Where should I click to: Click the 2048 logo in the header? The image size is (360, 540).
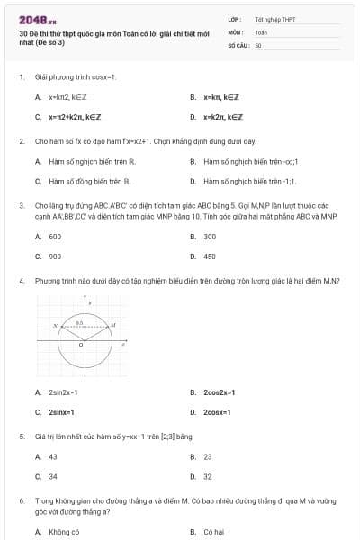pos(38,19)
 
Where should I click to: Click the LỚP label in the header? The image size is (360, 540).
pos(235,19)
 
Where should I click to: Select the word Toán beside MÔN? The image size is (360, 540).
pos(261,31)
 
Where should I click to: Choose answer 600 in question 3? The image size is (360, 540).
pos(55,237)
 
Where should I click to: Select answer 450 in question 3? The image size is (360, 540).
pos(210,256)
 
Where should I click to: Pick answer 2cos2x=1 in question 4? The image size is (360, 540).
pos(219,392)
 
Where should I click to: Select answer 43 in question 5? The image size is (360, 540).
pos(53,456)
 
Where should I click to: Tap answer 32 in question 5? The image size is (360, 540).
pos(208,476)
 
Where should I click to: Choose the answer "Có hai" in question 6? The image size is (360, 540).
pos(212,532)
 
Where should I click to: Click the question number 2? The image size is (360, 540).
pos(21,141)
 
